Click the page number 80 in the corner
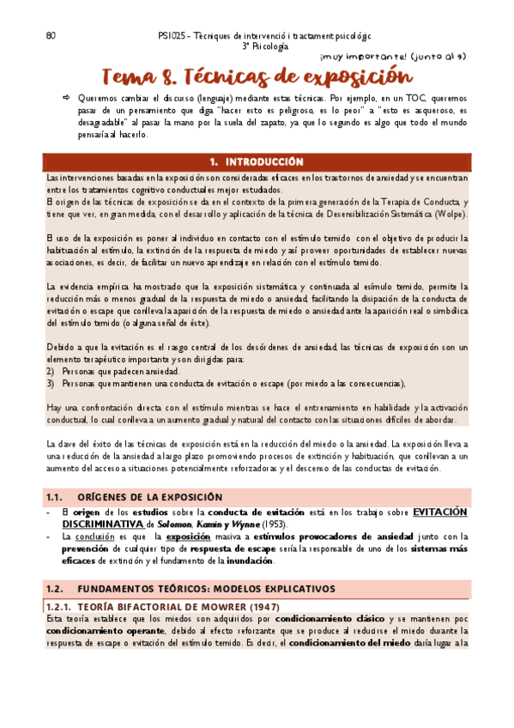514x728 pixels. click(51, 36)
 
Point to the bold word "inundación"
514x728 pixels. click(251, 561)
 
